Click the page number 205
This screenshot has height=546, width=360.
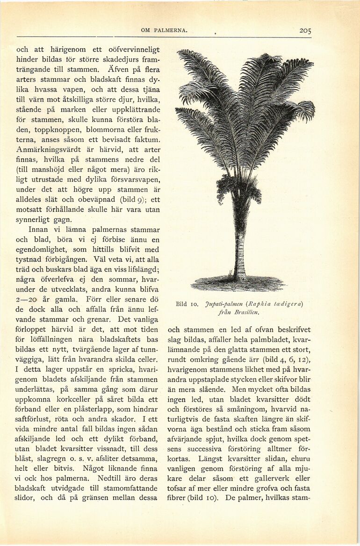point(305,31)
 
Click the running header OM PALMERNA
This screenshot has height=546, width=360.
point(164,31)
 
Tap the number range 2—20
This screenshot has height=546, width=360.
point(29,299)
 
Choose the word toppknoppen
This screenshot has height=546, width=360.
point(55,129)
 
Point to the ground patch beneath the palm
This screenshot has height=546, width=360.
point(238,283)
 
